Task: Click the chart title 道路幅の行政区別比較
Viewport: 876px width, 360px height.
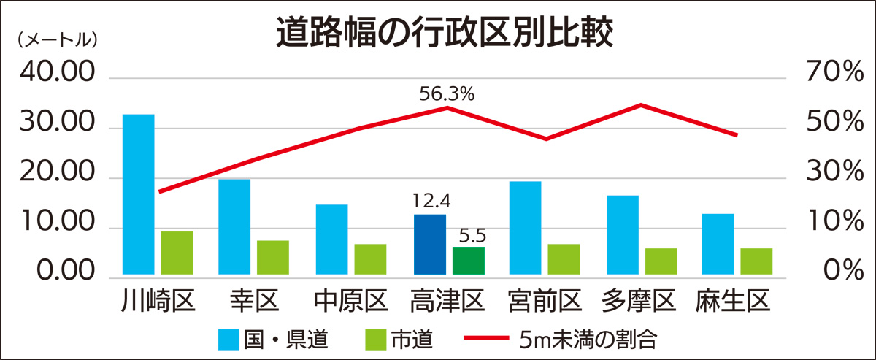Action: pyautogui.click(x=443, y=33)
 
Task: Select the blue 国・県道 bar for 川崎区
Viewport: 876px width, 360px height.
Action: pyautogui.click(x=138, y=196)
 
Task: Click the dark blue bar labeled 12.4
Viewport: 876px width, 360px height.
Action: pyautogui.click(x=429, y=245)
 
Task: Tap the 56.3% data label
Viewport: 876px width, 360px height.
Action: pyautogui.click(x=447, y=93)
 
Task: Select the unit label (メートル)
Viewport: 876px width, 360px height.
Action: pyautogui.click(x=56, y=41)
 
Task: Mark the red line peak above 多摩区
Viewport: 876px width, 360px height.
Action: pyautogui.click(x=640, y=105)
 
